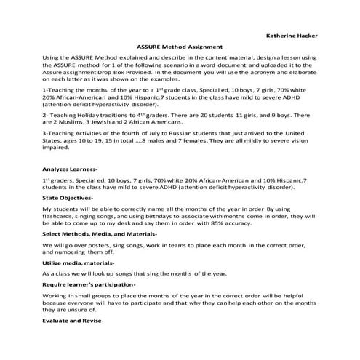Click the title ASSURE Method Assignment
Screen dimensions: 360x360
point(180,46)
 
